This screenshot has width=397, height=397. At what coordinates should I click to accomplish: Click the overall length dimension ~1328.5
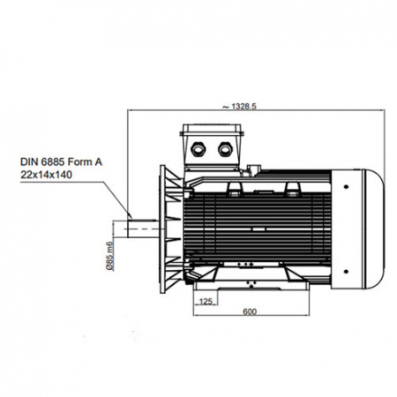tap(239, 106)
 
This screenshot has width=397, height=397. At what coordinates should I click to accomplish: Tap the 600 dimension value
tap(250, 311)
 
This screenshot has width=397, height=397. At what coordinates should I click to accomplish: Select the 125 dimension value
tap(206, 302)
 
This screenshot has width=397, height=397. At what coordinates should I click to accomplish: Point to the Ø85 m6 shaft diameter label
tap(109, 256)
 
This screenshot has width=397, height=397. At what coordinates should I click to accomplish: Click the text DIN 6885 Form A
tap(61, 161)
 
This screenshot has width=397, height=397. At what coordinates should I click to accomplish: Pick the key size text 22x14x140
tap(46, 175)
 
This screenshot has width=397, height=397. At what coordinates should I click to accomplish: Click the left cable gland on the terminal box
tap(198, 149)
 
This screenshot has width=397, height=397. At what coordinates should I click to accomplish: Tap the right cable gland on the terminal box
tap(225, 149)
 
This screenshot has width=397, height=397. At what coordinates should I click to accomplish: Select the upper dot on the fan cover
tap(346, 186)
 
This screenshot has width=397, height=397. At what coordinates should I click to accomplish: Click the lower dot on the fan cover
tap(346, 272)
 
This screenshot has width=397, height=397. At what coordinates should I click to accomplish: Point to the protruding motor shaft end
tap(143, 228)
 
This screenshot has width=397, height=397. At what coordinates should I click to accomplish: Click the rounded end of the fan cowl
tap(374, 229)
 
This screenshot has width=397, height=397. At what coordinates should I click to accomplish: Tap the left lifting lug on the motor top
tap(234, 189)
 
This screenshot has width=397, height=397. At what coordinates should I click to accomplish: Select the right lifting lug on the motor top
tap(293, 189)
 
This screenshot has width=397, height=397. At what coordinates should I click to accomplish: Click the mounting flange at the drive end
tap(162, 229)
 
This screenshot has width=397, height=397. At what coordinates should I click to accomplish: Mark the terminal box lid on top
tap(212, 130)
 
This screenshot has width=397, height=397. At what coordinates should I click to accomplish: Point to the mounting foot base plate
tap(251, 285)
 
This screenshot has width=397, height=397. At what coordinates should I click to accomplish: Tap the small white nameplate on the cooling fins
tap(258, 229)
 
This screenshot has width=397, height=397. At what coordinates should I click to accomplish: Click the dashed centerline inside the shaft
tap(144, 228)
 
